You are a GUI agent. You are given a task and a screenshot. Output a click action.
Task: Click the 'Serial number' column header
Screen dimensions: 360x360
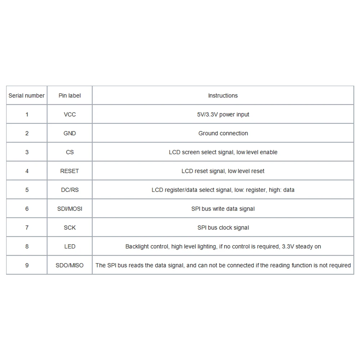27,96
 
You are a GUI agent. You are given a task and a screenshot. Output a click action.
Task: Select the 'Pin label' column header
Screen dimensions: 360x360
69,96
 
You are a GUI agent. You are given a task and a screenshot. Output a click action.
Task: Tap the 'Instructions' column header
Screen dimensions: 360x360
223,96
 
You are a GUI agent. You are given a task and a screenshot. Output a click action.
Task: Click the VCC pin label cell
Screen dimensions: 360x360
69,114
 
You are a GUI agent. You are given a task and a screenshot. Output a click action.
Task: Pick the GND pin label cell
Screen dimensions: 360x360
69,133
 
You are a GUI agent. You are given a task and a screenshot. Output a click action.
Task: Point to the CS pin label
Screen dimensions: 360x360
69,152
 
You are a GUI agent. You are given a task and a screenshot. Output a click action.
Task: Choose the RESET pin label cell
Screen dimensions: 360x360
69,171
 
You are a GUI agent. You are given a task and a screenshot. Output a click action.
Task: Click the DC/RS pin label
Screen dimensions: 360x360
69,190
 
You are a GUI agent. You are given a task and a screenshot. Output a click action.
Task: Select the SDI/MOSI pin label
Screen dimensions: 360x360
69,209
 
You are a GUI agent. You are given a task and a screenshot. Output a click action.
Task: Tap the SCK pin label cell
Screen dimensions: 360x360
69,228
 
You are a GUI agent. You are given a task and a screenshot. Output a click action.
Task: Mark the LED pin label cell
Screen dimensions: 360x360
69,247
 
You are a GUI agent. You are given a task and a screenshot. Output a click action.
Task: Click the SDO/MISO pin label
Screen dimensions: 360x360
69,265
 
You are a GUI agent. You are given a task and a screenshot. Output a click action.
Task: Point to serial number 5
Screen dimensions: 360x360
27,190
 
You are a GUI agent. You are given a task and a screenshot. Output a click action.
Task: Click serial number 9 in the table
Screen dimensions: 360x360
27,265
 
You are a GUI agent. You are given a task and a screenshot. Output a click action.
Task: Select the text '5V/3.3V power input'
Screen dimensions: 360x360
223,114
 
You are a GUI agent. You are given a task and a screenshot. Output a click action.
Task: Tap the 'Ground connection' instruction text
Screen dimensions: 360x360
223,133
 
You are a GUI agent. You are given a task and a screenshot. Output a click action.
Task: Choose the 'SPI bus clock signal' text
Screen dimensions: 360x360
223,228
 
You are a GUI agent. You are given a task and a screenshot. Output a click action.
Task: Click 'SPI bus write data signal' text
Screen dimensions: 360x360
223,209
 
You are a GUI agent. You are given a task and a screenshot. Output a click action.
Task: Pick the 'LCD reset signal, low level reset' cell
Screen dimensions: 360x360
223,171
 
